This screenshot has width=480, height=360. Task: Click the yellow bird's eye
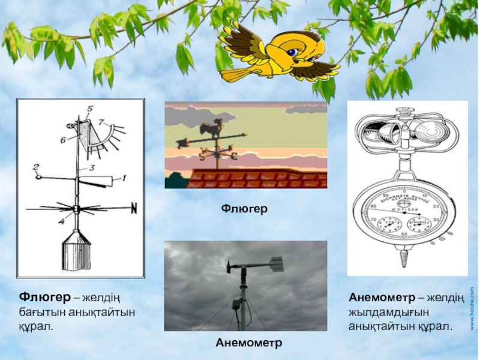pyautogui.click(x=292, y=53)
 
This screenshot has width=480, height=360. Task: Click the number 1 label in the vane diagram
pyautogui.click(x=125, y=178)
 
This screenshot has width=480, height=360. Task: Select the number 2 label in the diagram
pyautogui.click(x=36, y=167)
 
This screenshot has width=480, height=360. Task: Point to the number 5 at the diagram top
pyautogui.click(x=90, y=109)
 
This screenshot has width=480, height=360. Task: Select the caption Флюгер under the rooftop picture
pyautogui.click(x=245, y=208)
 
